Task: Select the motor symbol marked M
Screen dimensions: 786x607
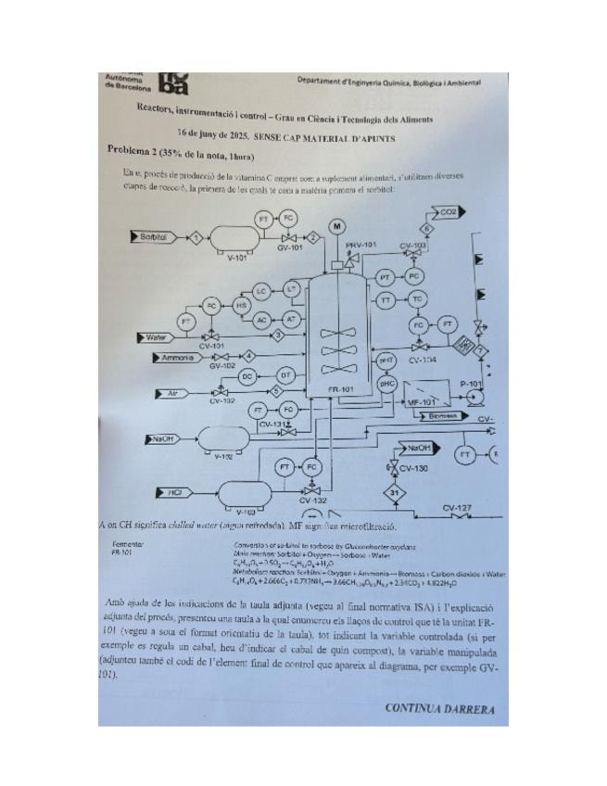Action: (337, 226)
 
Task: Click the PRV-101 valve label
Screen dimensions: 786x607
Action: (360, 244)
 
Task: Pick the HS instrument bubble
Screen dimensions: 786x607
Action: (242, 305)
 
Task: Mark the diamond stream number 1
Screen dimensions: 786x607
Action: (196, 238)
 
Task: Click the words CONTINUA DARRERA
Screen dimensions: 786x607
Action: (439, 709)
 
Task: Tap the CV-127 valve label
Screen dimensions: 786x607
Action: (457, 507)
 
